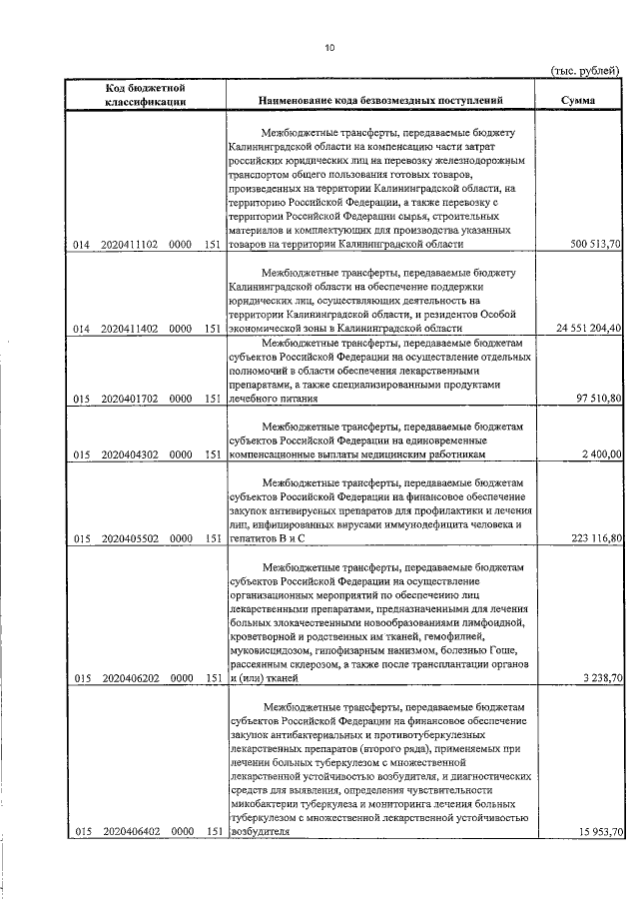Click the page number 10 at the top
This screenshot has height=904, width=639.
(x=328, y=47)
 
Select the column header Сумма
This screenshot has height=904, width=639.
(x=579, y=101)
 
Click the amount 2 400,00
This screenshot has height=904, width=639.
(x=602, y=455)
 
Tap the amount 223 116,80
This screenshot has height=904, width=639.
(x=596, y=539)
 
